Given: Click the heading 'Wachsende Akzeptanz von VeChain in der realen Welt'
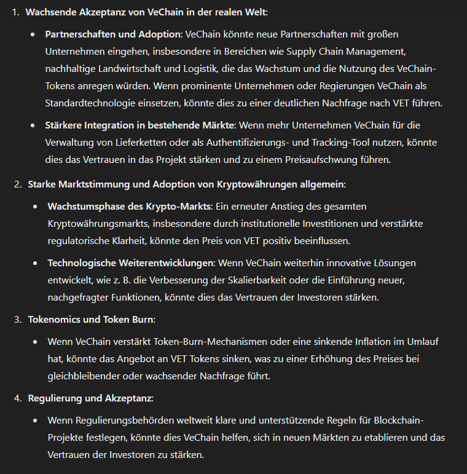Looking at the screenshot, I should (146, 12).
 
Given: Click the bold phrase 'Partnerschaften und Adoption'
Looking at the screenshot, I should (114, 34).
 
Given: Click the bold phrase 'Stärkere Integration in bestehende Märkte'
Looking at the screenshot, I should (141, 125).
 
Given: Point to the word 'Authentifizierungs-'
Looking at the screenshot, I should (250, 143).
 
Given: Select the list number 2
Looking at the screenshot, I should (17, 184).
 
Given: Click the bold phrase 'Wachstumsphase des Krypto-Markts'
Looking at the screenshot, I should (129, 206).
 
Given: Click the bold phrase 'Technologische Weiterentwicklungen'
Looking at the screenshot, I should (130, 263).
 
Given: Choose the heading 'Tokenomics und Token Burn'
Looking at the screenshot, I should (91, 320).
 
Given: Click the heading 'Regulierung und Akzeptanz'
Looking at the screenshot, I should (90, 398).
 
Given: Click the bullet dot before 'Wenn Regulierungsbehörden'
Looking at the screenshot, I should (33, 421).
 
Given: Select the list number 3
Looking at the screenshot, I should (17, 320).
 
